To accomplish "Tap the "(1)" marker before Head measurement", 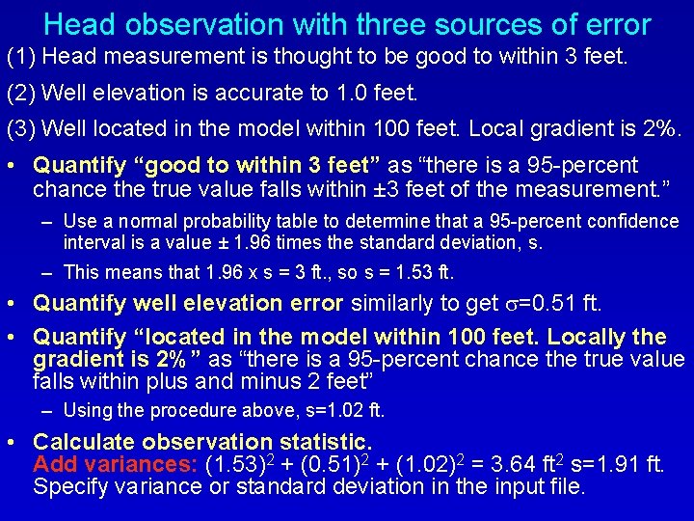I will coord(20,57).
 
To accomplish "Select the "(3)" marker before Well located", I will coord(20,128).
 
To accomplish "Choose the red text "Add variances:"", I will coord(116,464).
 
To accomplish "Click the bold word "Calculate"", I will coord(80,442).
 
